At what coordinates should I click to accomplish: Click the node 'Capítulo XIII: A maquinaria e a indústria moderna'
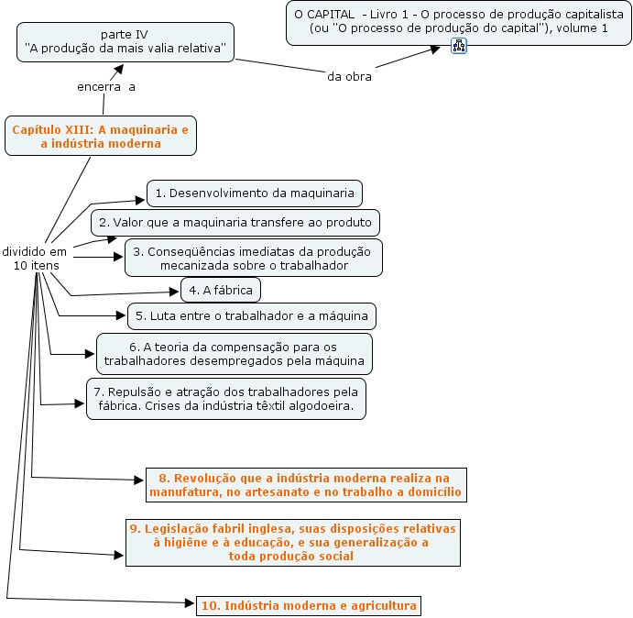100,137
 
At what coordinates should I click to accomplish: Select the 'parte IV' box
124,42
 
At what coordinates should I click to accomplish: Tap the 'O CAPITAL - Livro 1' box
458,22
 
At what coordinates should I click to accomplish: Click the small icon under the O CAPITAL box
459,46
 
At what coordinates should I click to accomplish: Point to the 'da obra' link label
349,76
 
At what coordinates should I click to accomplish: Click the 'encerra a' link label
106,87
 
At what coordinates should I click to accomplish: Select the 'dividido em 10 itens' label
35,258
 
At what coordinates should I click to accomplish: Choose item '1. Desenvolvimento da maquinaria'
254,193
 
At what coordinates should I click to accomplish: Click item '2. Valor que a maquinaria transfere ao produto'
235,223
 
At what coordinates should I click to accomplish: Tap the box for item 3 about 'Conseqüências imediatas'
253,259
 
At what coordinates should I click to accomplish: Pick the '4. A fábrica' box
221,291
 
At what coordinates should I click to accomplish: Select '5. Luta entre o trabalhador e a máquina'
251,316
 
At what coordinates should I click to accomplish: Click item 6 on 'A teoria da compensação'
234,354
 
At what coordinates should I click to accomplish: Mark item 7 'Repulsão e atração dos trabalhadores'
225,399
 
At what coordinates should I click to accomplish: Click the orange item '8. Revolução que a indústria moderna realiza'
306,485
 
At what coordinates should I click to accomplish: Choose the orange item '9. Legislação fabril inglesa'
291,542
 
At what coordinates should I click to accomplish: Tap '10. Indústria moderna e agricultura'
308,605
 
